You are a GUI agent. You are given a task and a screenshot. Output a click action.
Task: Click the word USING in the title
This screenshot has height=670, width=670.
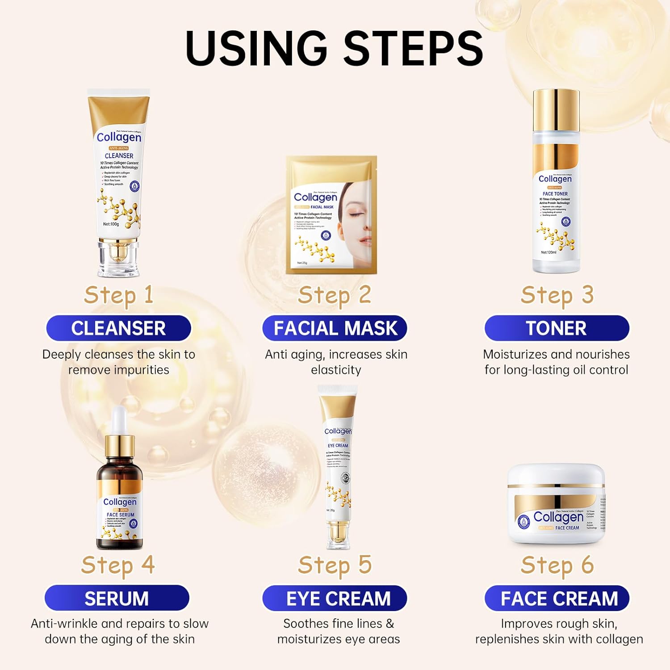256,48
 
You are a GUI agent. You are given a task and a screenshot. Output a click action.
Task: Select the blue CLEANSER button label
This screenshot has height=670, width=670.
118,328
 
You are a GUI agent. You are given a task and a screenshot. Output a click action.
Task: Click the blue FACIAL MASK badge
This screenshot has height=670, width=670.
335,328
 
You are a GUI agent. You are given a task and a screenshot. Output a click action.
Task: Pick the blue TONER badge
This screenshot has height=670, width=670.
557,328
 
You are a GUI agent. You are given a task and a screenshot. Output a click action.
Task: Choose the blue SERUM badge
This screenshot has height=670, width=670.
117,598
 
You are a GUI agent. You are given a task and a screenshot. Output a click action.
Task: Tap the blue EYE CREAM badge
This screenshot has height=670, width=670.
335,598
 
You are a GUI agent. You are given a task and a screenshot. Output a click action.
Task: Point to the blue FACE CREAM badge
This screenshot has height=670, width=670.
557,599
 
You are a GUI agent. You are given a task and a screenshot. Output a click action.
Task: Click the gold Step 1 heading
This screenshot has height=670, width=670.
119,295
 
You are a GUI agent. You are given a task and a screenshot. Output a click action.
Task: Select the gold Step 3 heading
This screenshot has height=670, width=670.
557,295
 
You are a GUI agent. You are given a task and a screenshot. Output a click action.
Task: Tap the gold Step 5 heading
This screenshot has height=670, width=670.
335,565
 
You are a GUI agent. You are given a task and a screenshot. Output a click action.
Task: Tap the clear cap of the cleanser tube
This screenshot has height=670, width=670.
118,258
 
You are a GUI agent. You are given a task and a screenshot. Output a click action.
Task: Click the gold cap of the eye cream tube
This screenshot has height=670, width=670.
338,533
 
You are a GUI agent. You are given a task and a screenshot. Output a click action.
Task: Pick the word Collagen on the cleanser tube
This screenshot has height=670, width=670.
119,137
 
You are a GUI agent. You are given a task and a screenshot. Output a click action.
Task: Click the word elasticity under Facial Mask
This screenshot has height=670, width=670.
336,370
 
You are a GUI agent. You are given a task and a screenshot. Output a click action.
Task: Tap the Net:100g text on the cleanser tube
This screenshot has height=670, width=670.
111,224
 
